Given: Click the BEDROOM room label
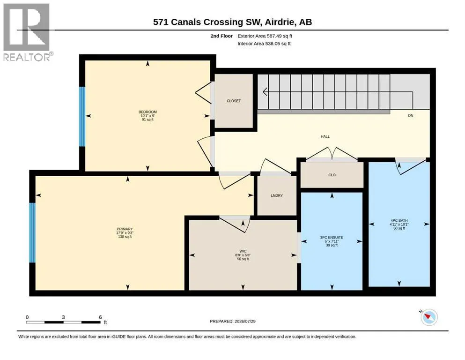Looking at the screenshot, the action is [x=148, y=112].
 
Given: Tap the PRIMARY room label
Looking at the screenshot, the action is [x=125, y=229].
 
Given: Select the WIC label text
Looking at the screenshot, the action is [x=243, y=251].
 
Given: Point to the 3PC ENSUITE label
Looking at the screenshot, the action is [x=332, y=238].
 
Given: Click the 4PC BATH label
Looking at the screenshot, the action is [x=399, y=220].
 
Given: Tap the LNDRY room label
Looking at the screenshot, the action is [x=277, y=195].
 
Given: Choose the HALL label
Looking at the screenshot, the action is [x=325, y=136].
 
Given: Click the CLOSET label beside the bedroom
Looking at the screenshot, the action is [x=234, y=101].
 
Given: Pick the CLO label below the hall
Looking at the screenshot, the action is [x=332, y=175].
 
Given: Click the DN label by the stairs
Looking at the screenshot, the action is [x=410, y=115].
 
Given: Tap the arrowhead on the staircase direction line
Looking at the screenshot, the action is [x=265, y=92].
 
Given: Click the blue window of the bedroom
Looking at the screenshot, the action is [x=82, y=117].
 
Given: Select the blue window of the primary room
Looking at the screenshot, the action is [x=32, y=232].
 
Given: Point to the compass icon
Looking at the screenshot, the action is [x=429, y=317].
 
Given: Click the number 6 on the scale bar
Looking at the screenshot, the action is [x=100, y=317].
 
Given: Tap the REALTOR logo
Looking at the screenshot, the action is [x=28, y=32].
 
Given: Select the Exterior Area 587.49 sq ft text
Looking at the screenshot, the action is [x=265, y=36].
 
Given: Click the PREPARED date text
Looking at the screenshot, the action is [x=232, y=321].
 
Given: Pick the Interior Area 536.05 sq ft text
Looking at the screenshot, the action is [x=264, y=44].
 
